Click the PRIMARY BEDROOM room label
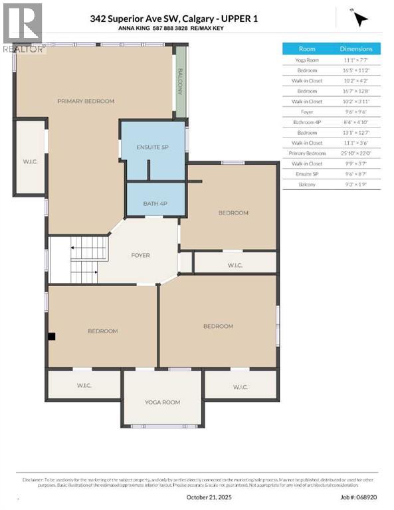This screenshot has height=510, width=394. point(86,101)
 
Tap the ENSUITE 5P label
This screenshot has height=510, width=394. point(151,147)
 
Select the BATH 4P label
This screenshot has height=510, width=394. point(155,203)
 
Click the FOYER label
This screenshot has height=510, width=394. point(140,255)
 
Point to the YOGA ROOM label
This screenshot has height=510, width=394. point(163,402)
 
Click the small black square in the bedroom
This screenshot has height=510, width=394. point(51,337)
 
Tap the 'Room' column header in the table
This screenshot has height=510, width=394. point(307,48)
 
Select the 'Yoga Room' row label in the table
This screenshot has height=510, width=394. point(307,60)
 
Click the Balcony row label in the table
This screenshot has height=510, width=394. point(307,184)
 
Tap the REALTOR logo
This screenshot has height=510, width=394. point(22,27)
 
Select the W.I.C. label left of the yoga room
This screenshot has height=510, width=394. point(84,385)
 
